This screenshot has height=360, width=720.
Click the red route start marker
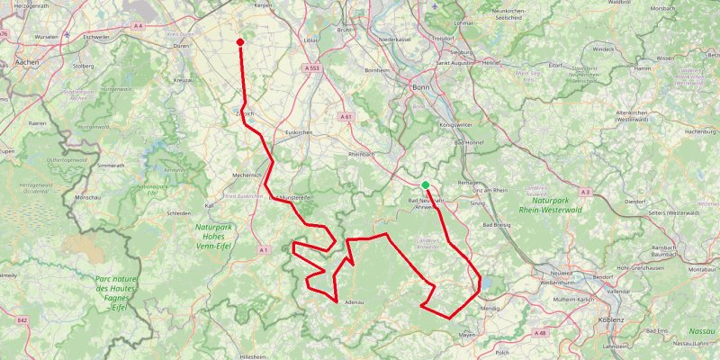240,41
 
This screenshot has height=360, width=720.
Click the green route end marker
425,185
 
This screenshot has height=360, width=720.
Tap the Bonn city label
419,87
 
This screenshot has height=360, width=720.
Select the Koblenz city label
616,320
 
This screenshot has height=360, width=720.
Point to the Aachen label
25,65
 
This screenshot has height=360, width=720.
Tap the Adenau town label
353,302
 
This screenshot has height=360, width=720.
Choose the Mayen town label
467,334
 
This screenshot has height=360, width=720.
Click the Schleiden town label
178,213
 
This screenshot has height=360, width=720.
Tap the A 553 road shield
312,68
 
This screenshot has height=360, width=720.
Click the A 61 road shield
346,116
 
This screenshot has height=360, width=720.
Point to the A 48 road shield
540,333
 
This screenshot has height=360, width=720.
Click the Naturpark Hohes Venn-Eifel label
213,235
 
